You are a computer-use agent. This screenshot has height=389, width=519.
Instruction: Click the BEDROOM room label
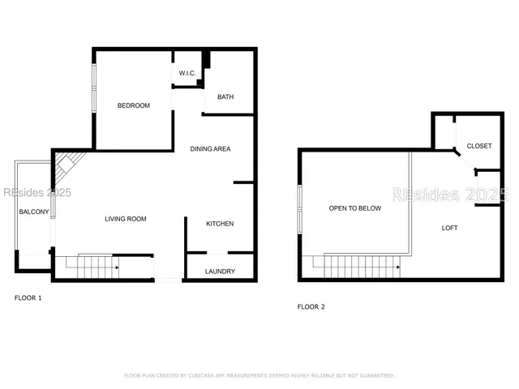[x=133, y=105]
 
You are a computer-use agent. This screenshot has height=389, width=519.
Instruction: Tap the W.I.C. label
[x=187, y=74]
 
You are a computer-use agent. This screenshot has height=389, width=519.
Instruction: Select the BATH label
[x=225, y=97]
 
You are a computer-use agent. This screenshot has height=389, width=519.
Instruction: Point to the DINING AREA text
[x=211, y=149]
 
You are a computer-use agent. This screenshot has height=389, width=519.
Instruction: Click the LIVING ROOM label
[x=125, y=219]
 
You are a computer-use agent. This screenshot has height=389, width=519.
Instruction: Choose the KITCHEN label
[x=220, y=224]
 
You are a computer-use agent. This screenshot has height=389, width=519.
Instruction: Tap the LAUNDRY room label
[x=220, y=271]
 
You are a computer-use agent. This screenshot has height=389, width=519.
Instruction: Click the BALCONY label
[x=34, y=212]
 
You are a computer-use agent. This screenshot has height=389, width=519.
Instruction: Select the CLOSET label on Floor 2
[x=478, y=146]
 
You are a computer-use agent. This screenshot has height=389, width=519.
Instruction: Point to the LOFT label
[x=449, y=228]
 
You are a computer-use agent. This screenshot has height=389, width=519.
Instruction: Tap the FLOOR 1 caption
[x=28, y=298]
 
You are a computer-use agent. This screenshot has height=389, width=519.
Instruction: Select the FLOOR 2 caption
[x=311, y=307]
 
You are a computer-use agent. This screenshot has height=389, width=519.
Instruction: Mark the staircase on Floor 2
[x=362, y=264]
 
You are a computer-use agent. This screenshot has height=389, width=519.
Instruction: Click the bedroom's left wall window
[x=94, y=86]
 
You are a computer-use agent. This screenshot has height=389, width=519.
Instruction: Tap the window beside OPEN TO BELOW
[x=300, y=209]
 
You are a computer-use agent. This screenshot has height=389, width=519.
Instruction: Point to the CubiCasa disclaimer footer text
[x=259, y=375]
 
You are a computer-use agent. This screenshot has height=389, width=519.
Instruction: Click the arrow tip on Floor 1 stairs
[x=118, y=267]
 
